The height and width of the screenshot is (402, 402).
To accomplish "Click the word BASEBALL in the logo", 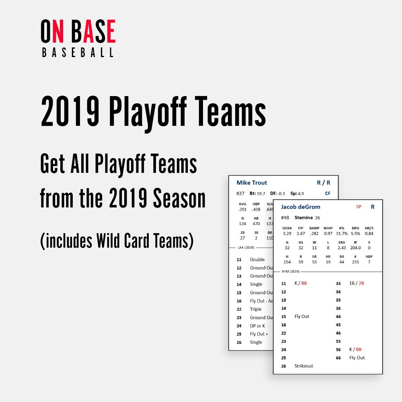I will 78,53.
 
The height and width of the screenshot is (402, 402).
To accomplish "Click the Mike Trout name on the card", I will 252,183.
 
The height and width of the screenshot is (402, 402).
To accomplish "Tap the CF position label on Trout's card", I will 328,193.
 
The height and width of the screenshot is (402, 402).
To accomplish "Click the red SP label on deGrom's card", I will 359,207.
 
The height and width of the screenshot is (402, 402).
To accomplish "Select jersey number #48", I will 285,217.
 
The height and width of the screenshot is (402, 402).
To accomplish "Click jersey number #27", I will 240,193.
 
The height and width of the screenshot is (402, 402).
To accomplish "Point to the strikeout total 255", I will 355,262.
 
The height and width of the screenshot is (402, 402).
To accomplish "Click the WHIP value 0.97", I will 328,234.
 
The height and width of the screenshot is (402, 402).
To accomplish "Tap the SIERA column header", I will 287,228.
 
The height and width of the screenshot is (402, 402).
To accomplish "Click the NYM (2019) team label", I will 289,272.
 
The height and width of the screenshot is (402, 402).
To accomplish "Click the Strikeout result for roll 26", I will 304,366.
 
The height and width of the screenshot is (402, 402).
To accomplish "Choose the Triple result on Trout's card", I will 256,309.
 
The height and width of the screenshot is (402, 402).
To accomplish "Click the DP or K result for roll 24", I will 257,326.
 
